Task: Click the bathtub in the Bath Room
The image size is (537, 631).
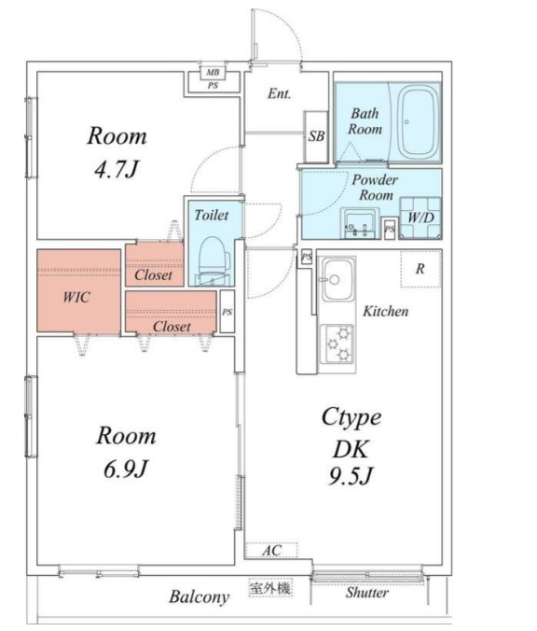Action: click(419, 122)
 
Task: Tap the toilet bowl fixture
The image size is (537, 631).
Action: click(213, 260)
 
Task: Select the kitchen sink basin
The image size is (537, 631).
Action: click(338, 280)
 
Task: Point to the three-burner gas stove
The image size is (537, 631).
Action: click(338, 344)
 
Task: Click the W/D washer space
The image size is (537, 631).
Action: click(420, 217)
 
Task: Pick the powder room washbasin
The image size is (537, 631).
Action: click(359, 223)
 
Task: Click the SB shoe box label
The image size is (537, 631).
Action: click(316, 136)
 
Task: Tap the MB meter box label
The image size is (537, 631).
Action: click(213, 73)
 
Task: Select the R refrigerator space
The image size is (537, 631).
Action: click(420, 269)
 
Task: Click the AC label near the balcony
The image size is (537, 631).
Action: click(272, 550)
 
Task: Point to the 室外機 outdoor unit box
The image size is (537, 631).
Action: click(270, 589)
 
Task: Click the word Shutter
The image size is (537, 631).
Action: click(367, 593)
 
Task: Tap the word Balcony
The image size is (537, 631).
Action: click(199, 596)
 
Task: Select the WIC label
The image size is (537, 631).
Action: click(76, 298)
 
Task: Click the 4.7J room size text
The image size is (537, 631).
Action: click(117, 169)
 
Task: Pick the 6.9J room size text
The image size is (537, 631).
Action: click(126, 469)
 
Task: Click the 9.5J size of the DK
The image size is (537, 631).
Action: click(351, 476)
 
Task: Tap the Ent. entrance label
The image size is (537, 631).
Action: click(279, 93)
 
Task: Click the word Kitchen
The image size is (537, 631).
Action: click(385, 311)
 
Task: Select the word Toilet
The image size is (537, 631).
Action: click(212, 216)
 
